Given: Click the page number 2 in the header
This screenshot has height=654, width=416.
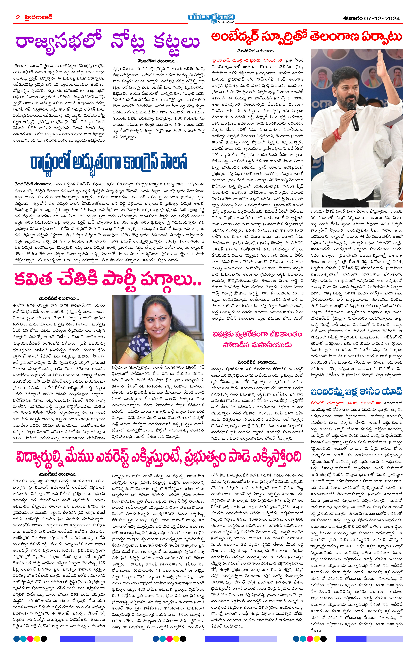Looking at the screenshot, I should click(x=18, y=17).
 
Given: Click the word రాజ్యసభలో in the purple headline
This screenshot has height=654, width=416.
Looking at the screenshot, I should click(x=58, y=42).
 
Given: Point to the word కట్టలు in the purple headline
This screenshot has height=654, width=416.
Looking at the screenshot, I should click(x=177, y=42).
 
